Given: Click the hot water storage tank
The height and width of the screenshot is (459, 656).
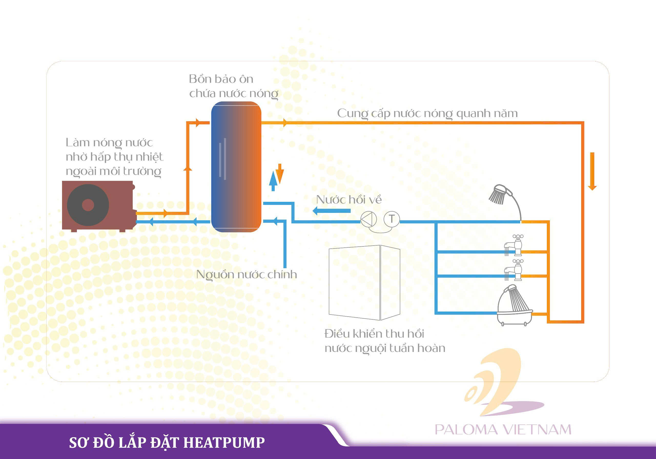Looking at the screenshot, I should (236, 167).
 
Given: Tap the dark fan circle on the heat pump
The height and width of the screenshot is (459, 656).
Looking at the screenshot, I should (88, 205).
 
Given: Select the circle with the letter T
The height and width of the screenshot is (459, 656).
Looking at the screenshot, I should (392, 219).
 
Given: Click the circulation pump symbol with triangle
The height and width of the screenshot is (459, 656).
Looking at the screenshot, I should (368, 219).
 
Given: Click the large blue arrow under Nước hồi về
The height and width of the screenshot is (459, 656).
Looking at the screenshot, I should (331, 211).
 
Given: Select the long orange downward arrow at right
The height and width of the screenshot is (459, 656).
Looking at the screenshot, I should (592, 171).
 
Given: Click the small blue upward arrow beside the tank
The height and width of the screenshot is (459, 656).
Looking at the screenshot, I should (273, 181).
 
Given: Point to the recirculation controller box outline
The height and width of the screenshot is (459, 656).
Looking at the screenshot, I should (364, 283).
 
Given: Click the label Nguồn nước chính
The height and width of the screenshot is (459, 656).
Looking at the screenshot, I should (247, 275).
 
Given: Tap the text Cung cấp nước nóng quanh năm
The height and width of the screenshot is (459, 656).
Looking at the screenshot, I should (427, 113).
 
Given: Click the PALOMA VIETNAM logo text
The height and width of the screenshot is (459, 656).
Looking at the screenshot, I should (503, 430).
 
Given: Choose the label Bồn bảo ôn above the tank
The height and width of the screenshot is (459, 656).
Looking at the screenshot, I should (221, 79).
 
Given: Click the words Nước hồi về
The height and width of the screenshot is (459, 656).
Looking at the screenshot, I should (349, 200).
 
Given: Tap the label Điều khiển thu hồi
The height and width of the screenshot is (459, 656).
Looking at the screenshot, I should (374, 333).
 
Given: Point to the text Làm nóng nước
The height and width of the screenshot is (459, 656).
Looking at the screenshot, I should (109, 142).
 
